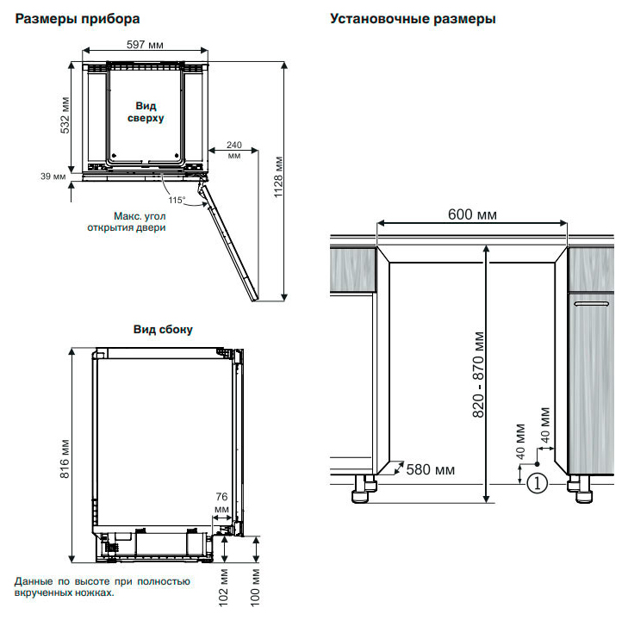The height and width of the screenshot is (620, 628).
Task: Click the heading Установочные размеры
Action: pyautogui.click(x=413, y=18)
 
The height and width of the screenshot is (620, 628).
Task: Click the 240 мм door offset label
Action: pyautogui.click(x=234, y=150)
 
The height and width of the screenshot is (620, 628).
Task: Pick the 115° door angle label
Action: pyautogui.click(x=177, y=200)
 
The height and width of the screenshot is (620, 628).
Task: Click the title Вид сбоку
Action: pyautogui.click(x=163, y=329)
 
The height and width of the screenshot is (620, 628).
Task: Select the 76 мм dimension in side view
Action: pyautogui.click(x=221, y=502)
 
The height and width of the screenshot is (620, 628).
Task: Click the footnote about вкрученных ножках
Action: pyautogui.click(x=102, y=587)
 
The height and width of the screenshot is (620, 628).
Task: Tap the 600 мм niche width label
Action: pyautogui.click(x=472, y=214)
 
